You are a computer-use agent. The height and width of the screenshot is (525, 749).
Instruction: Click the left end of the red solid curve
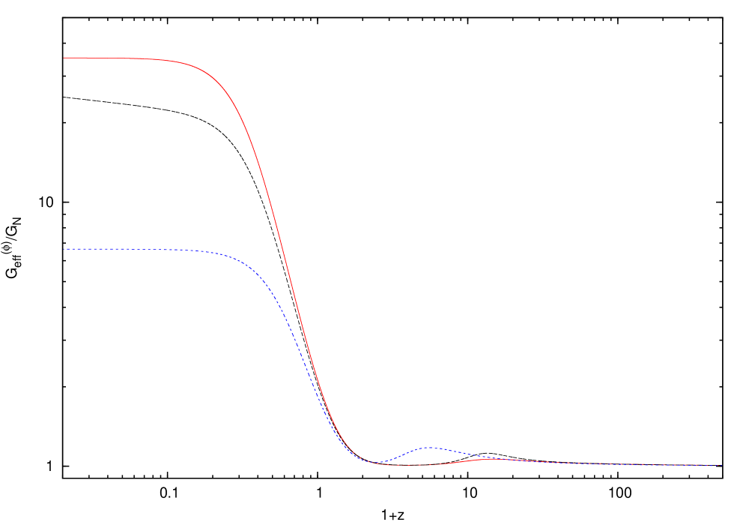pyautogui.click(x=64, y=58)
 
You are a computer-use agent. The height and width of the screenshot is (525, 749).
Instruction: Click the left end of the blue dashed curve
pyautogui.click(x=64, y=249)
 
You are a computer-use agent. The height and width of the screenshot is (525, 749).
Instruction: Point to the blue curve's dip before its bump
pyautogui.click(x=376, y=463)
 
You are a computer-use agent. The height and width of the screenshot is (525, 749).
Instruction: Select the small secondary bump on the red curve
pyautogui.click(x=494, y=459)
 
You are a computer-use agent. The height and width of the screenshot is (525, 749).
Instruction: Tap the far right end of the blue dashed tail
pyautogui.click(x=719, y=465)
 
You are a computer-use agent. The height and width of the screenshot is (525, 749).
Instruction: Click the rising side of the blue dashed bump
pyautogui.click(x=404, y=454)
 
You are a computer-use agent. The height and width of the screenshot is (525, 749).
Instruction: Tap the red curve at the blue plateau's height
pyautogui.click(x=284, y=249)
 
